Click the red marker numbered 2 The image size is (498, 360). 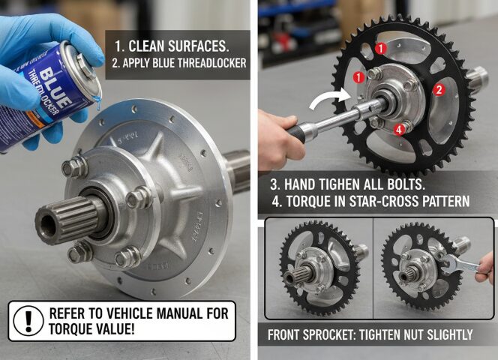coord(439,89)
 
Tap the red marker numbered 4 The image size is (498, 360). coord(399,129)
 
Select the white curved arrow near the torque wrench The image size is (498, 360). coord(330,97)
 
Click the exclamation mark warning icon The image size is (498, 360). coord(28,321)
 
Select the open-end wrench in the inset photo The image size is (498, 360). coord(460,264)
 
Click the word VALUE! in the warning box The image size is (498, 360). coord(115,329)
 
